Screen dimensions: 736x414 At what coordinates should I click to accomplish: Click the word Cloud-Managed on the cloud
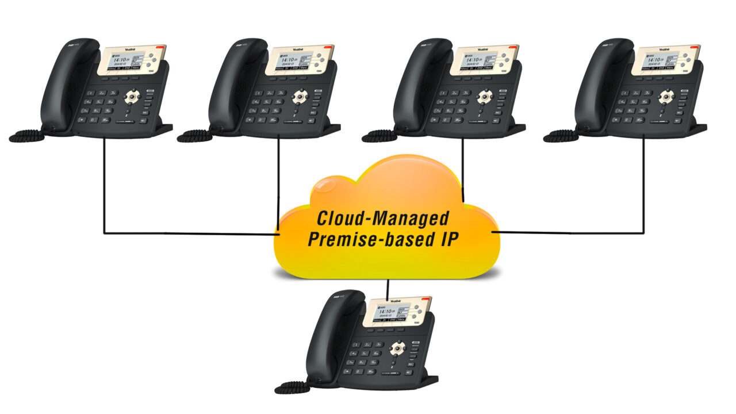point(383,218)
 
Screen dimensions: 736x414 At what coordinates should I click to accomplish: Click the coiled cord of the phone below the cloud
point(293,387)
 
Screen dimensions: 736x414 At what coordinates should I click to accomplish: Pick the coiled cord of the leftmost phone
point(26,136)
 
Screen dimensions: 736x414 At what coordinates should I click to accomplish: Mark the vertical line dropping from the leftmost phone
point(104,184)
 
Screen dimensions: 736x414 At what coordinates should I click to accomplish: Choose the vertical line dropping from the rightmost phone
point(643,184)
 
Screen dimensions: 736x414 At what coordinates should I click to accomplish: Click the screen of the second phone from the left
point(292,61)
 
